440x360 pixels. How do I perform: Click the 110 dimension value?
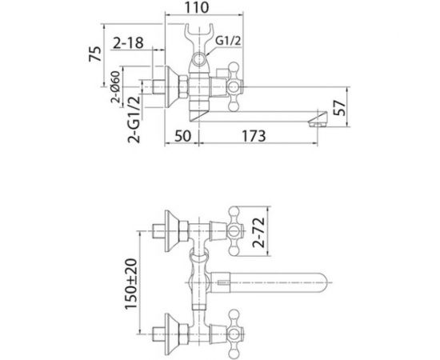[197, 7]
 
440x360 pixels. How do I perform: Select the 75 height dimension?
[95, 54]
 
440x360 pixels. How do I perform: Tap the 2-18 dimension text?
[128, 43]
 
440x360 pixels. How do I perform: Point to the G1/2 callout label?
[228, 41]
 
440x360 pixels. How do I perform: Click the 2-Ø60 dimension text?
[116, 87]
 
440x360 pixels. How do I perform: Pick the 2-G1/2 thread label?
[134, 119]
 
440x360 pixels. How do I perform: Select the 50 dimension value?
[182, 136]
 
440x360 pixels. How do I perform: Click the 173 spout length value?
[254, 136]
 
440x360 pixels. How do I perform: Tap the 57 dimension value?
[340, 108]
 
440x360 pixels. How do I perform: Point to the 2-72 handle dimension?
[258, 232]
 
